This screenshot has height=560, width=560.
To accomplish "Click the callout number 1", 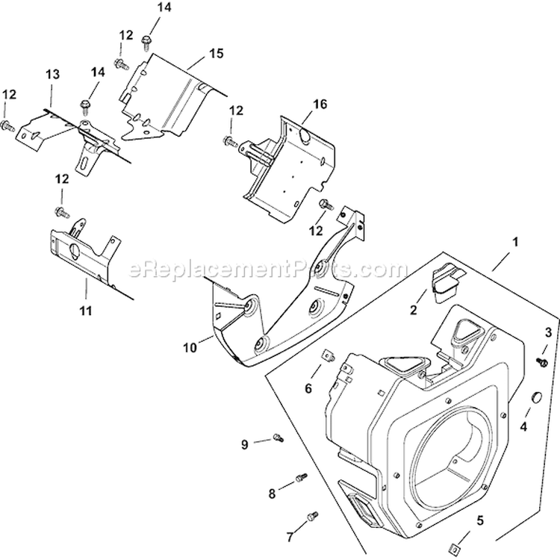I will tap(514, 243).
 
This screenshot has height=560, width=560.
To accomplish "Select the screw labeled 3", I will tap(544, 361).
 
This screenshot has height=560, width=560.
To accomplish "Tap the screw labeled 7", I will tap(313, 514).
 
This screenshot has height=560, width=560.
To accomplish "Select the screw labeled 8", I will tap(302, 476).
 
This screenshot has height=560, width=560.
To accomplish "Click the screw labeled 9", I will tap(279, 437).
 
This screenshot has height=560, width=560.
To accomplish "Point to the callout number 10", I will tap(190, 347).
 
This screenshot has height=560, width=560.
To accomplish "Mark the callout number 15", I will tap(217, 54).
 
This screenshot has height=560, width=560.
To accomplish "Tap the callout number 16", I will tap(320, 105).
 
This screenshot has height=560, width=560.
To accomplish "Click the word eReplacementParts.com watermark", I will tap(269, 268).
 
